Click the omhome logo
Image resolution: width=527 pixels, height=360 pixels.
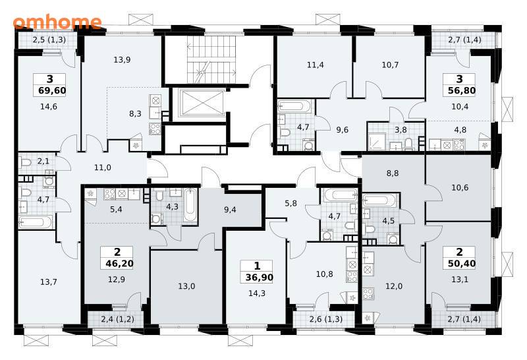click(57, 22)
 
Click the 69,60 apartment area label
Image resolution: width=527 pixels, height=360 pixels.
click(52, 90)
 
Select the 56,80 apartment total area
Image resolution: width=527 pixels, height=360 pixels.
click(462, 90)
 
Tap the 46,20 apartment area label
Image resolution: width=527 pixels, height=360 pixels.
click(119, 263)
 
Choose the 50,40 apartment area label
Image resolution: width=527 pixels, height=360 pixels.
click(462, 263)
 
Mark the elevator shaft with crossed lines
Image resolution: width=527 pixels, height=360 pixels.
click(200, 102)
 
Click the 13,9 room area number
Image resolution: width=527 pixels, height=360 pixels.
click(122, 60)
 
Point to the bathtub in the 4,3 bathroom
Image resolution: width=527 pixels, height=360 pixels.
click(190, 205)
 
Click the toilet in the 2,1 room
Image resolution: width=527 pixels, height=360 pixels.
click(26, 163)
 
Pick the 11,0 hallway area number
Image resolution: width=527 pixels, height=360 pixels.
click(103, 167)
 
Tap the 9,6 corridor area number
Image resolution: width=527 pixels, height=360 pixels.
click(342, 130)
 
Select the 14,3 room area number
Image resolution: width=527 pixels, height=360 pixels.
click(257, 293)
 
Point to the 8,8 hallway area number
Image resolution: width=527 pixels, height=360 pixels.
click(392, 173)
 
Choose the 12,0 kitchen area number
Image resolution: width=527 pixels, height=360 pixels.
click(393, 286)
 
